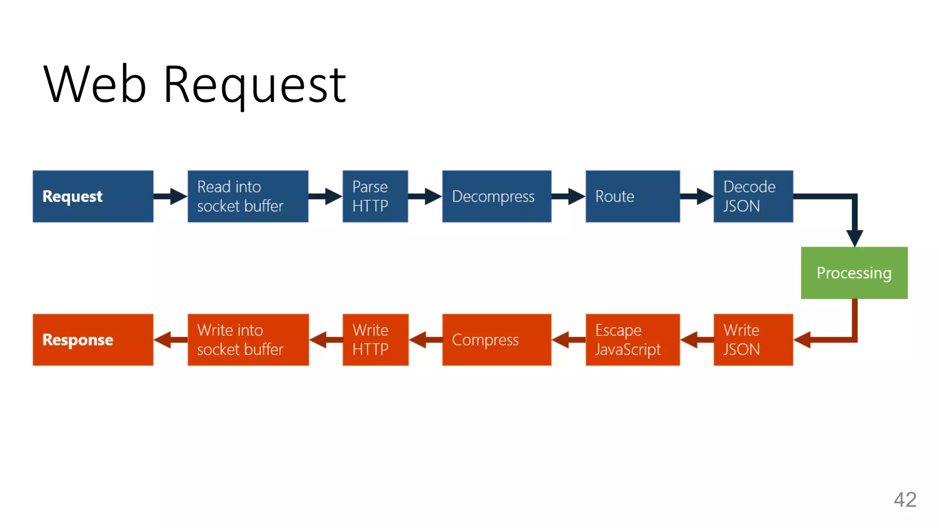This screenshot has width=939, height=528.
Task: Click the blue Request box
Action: click(93, 196)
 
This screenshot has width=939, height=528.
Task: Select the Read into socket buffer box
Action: click(248, 196)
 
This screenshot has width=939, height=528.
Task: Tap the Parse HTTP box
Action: click(375, 196)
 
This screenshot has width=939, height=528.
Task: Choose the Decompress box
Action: click(497, 196)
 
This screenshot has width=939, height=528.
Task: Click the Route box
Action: click(632, 196)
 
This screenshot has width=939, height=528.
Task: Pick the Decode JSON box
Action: click(753, 196)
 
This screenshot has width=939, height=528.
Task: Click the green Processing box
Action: click(854, 273)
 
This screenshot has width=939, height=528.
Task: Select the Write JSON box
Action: click(753, 340)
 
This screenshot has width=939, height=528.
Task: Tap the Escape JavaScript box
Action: click(632, 340)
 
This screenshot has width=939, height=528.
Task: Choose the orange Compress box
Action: click(497, 340)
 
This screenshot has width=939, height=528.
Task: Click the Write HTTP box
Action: click(375, 340)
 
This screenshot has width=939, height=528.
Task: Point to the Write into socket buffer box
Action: click(248, 340)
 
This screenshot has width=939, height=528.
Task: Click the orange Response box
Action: click(93, 340)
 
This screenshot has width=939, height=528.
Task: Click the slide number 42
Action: click(905, 500)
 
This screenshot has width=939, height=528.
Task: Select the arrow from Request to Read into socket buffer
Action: click(170, 196)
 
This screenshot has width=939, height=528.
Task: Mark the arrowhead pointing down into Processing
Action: click(855, 237)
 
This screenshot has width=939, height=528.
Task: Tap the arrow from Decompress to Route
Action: click(568, 196)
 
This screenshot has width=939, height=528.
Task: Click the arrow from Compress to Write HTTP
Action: click(425, 340)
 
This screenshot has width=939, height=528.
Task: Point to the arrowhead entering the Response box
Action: click(163, 340)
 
